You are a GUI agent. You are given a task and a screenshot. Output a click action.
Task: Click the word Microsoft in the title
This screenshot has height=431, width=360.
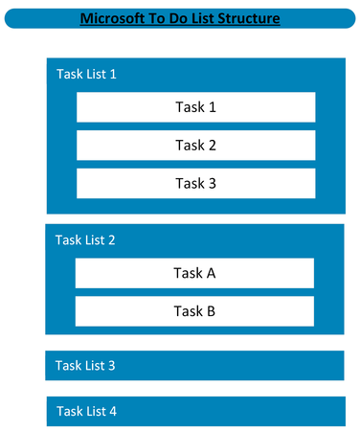113,18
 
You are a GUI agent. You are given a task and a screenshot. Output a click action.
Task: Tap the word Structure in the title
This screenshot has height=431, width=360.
247,18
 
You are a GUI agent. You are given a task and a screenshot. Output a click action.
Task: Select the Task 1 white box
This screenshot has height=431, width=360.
195,107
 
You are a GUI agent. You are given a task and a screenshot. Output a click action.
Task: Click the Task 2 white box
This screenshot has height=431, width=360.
195,146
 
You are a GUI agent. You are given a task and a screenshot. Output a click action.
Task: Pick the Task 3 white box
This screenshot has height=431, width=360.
195,183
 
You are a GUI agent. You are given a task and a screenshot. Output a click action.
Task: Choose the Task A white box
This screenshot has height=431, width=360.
194,273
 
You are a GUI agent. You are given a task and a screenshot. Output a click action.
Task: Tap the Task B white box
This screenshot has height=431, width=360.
194,310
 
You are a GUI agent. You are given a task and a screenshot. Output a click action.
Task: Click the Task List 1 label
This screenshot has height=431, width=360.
86,74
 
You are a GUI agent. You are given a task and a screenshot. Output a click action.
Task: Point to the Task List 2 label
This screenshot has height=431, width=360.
85,239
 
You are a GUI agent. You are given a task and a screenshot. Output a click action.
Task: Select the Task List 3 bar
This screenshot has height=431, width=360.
194,365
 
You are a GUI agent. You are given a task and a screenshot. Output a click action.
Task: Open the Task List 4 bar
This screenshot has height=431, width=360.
194,411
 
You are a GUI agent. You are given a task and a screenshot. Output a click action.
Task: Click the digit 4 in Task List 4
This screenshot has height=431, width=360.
113,411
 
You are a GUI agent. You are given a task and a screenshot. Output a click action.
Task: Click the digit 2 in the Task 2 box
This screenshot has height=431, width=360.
212,146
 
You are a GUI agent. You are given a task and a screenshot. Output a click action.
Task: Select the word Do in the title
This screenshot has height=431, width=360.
173,18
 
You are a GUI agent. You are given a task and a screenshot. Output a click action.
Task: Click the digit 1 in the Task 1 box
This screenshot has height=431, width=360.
212,107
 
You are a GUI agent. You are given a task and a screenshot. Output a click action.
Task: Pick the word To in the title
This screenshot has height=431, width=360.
154,18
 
